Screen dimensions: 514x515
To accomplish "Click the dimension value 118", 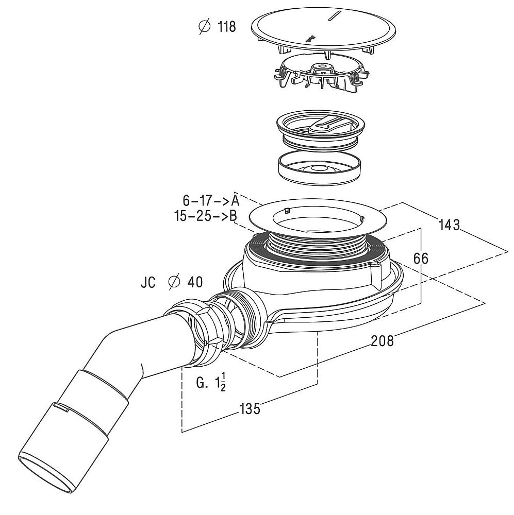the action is click(227, 27).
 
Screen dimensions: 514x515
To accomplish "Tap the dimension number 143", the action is click(449, 226).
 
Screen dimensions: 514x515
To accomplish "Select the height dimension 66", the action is click(421, 259).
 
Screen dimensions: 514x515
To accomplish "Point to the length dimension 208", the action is click(382, 341).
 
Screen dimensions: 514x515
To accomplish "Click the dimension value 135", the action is click(250, 409).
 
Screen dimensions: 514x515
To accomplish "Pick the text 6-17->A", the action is click(211, 200).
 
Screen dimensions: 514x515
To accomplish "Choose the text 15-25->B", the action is click(206, 216).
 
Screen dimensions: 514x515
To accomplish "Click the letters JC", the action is click(148, 282).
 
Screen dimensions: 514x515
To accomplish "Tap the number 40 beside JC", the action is click(195, 282).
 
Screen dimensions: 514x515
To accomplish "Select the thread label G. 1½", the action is click(211, 383).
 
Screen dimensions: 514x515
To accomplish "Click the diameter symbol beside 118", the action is click(205, 26).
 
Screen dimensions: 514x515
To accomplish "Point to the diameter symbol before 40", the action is click(174, 282).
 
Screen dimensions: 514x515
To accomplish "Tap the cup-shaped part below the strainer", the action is click(319, 167).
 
